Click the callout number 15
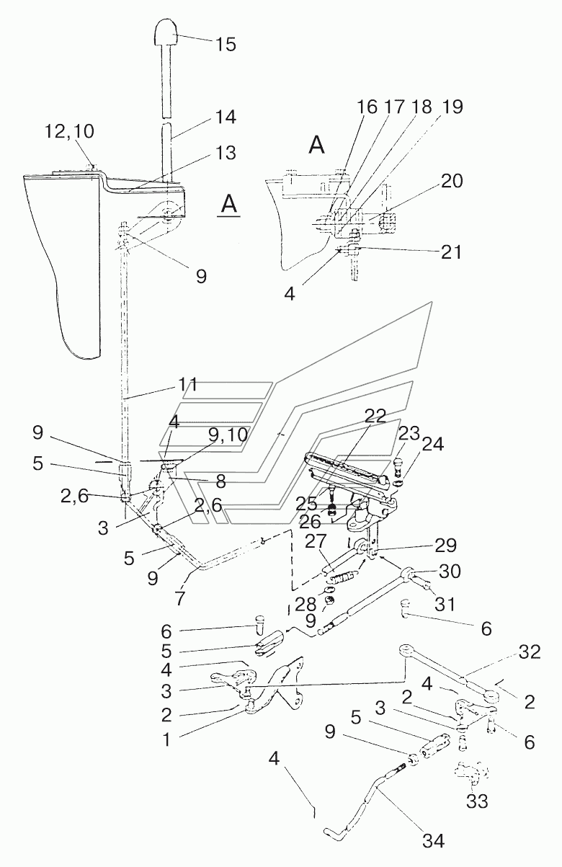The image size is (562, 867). click(x=226, y=45)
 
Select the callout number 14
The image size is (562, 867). click(x=226, y=117)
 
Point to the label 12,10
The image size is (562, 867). click(x=70, y=132)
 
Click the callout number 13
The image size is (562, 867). click(x=226, y=153)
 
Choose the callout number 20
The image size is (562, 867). click(x=452, y=181)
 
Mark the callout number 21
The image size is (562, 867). click(x=451, y=252)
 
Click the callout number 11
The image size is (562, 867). click(x=188, y=384)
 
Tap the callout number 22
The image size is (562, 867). click(x=375, y=416)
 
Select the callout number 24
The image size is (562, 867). click(x=432, y=444)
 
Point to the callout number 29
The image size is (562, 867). click(x=446, y=546)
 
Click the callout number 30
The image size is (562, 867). click(x=450, y=571)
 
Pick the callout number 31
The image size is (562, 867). click(x=445, y=603)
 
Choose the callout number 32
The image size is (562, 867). click(x=530, y=652)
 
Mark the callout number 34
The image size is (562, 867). click(x=434, y=840)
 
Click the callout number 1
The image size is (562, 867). click(x=166, y=739)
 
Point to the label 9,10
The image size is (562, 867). click(x=228, y=435)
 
